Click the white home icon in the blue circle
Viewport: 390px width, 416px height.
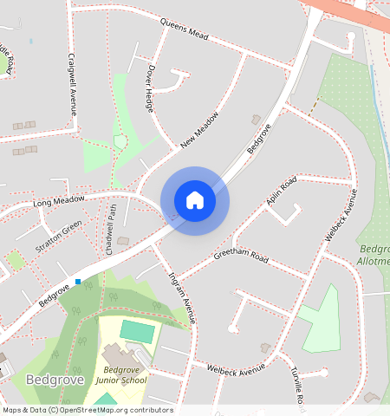tap(195, 200)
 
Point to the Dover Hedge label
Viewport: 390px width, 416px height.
tap(149, 90)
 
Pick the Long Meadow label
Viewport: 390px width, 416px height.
tap(59, 202)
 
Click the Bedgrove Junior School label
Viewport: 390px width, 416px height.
tap(120, 374)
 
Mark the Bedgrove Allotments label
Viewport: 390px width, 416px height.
tap(374, 255)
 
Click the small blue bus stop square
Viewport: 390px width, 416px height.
tap(78, 281)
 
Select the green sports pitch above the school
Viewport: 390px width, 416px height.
tap(135, 331)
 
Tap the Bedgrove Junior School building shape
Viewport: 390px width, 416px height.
tap(116, 354)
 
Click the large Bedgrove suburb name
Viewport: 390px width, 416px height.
tap(54, 380)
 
